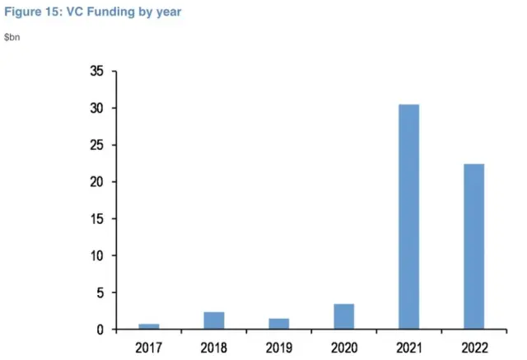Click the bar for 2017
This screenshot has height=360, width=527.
[148, 326]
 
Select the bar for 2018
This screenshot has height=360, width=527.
[213, 320]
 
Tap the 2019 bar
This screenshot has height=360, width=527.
[278, 324]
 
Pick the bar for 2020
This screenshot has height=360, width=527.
[343, 316]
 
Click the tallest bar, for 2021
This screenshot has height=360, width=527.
[408, 217]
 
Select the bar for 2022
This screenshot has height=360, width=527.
[473, 246]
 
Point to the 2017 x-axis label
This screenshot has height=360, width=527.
[148, 347]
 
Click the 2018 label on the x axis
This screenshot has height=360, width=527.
[213, 347]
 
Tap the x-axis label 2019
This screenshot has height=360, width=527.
[278, 347]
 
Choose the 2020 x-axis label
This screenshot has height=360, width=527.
[343, 347]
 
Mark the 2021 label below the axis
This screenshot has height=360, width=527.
[408, 347]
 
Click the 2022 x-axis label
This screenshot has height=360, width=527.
[473, 347]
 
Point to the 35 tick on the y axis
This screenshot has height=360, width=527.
[96, 72]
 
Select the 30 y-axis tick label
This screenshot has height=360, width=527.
[96, 109]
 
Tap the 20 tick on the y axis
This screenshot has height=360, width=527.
[96, 182]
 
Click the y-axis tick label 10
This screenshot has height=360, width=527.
[96, 256]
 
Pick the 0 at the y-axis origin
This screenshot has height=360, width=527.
[100, 330]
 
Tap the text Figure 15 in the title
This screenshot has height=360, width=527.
[30, 12]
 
